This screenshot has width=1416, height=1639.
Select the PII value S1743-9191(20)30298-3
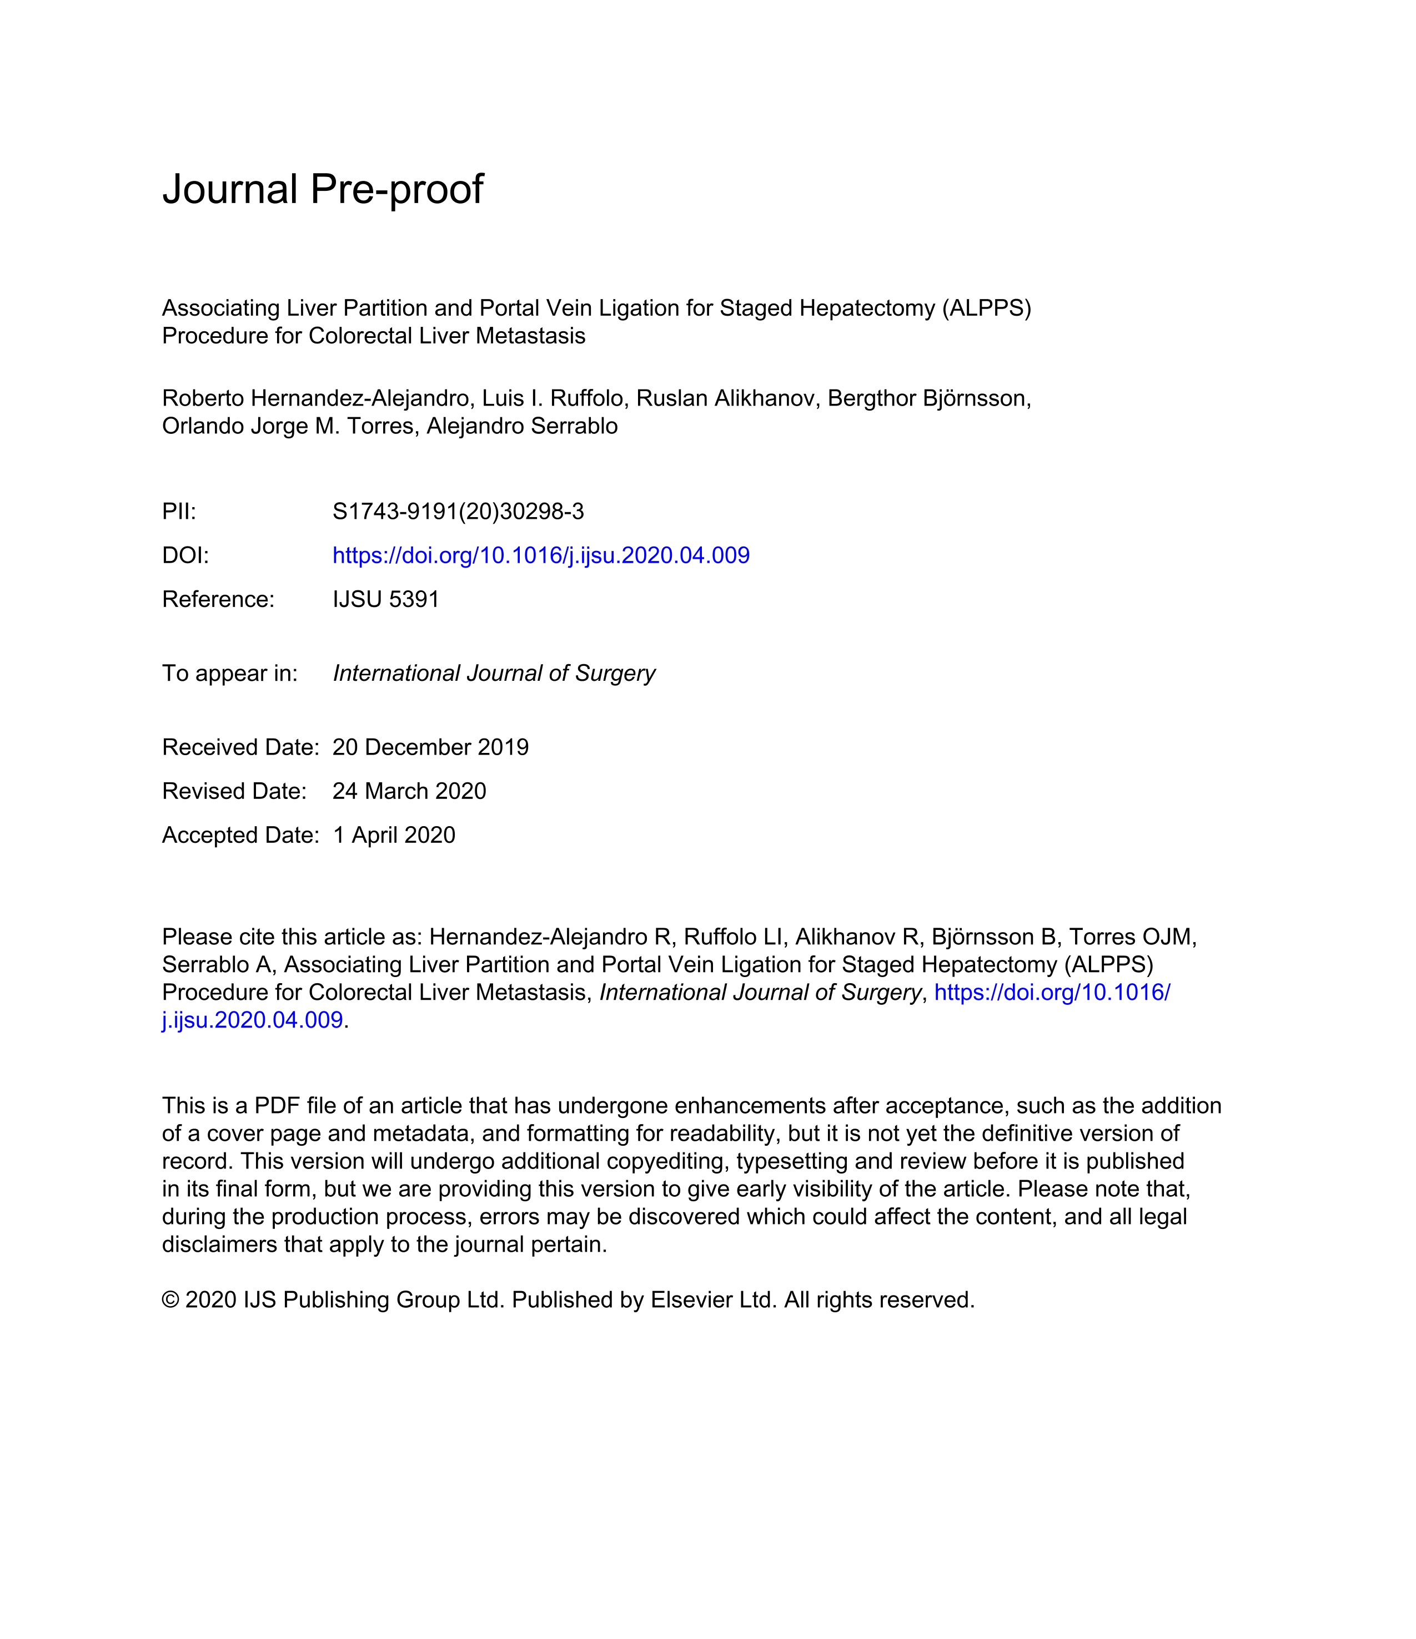(458, 512)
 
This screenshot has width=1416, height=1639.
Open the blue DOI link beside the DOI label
(541, 555)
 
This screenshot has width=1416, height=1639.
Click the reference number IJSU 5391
(385, 600)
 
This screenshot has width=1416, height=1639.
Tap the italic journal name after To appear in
(494, 673)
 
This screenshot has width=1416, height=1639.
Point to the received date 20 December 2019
(430, 747)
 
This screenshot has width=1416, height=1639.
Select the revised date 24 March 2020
(409, 791)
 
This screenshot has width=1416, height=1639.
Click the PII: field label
(179, 512)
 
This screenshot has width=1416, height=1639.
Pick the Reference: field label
(218, 600)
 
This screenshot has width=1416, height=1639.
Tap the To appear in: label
(229, 673)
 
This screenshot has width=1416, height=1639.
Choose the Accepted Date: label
(240, 836)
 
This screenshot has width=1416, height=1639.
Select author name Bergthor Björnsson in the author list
(928, 399)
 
